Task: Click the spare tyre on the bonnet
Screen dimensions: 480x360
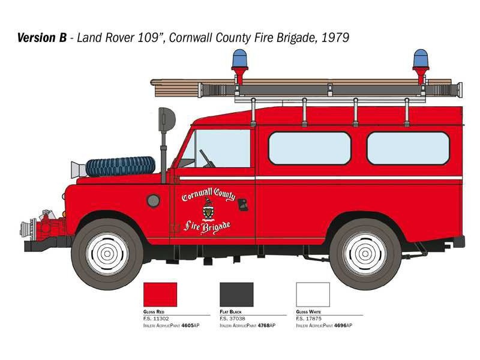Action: coord(121,167)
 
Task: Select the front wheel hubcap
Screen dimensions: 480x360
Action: coord(107,253)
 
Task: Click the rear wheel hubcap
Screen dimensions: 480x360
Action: coord(365,253)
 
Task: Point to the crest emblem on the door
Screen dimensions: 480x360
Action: coord(208,209)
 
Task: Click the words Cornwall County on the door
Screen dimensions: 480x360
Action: coord(208,195)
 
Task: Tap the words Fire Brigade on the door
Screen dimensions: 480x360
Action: coord(207,227)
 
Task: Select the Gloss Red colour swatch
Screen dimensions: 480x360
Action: coord(160,295)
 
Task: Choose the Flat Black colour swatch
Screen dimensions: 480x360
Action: coord(236,295)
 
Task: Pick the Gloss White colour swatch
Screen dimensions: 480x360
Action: coord(313,295)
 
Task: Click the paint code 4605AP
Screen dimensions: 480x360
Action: coord(190,325)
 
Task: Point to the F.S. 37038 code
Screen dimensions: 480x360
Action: coord(232,319)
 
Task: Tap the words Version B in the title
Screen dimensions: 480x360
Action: coord(42,38)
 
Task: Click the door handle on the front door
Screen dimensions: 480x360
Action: coord(243,205)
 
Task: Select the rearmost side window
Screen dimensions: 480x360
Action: coord(408,148)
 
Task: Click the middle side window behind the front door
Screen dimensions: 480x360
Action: coord(310,148)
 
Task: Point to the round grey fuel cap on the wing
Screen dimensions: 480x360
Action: coord(154,200)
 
